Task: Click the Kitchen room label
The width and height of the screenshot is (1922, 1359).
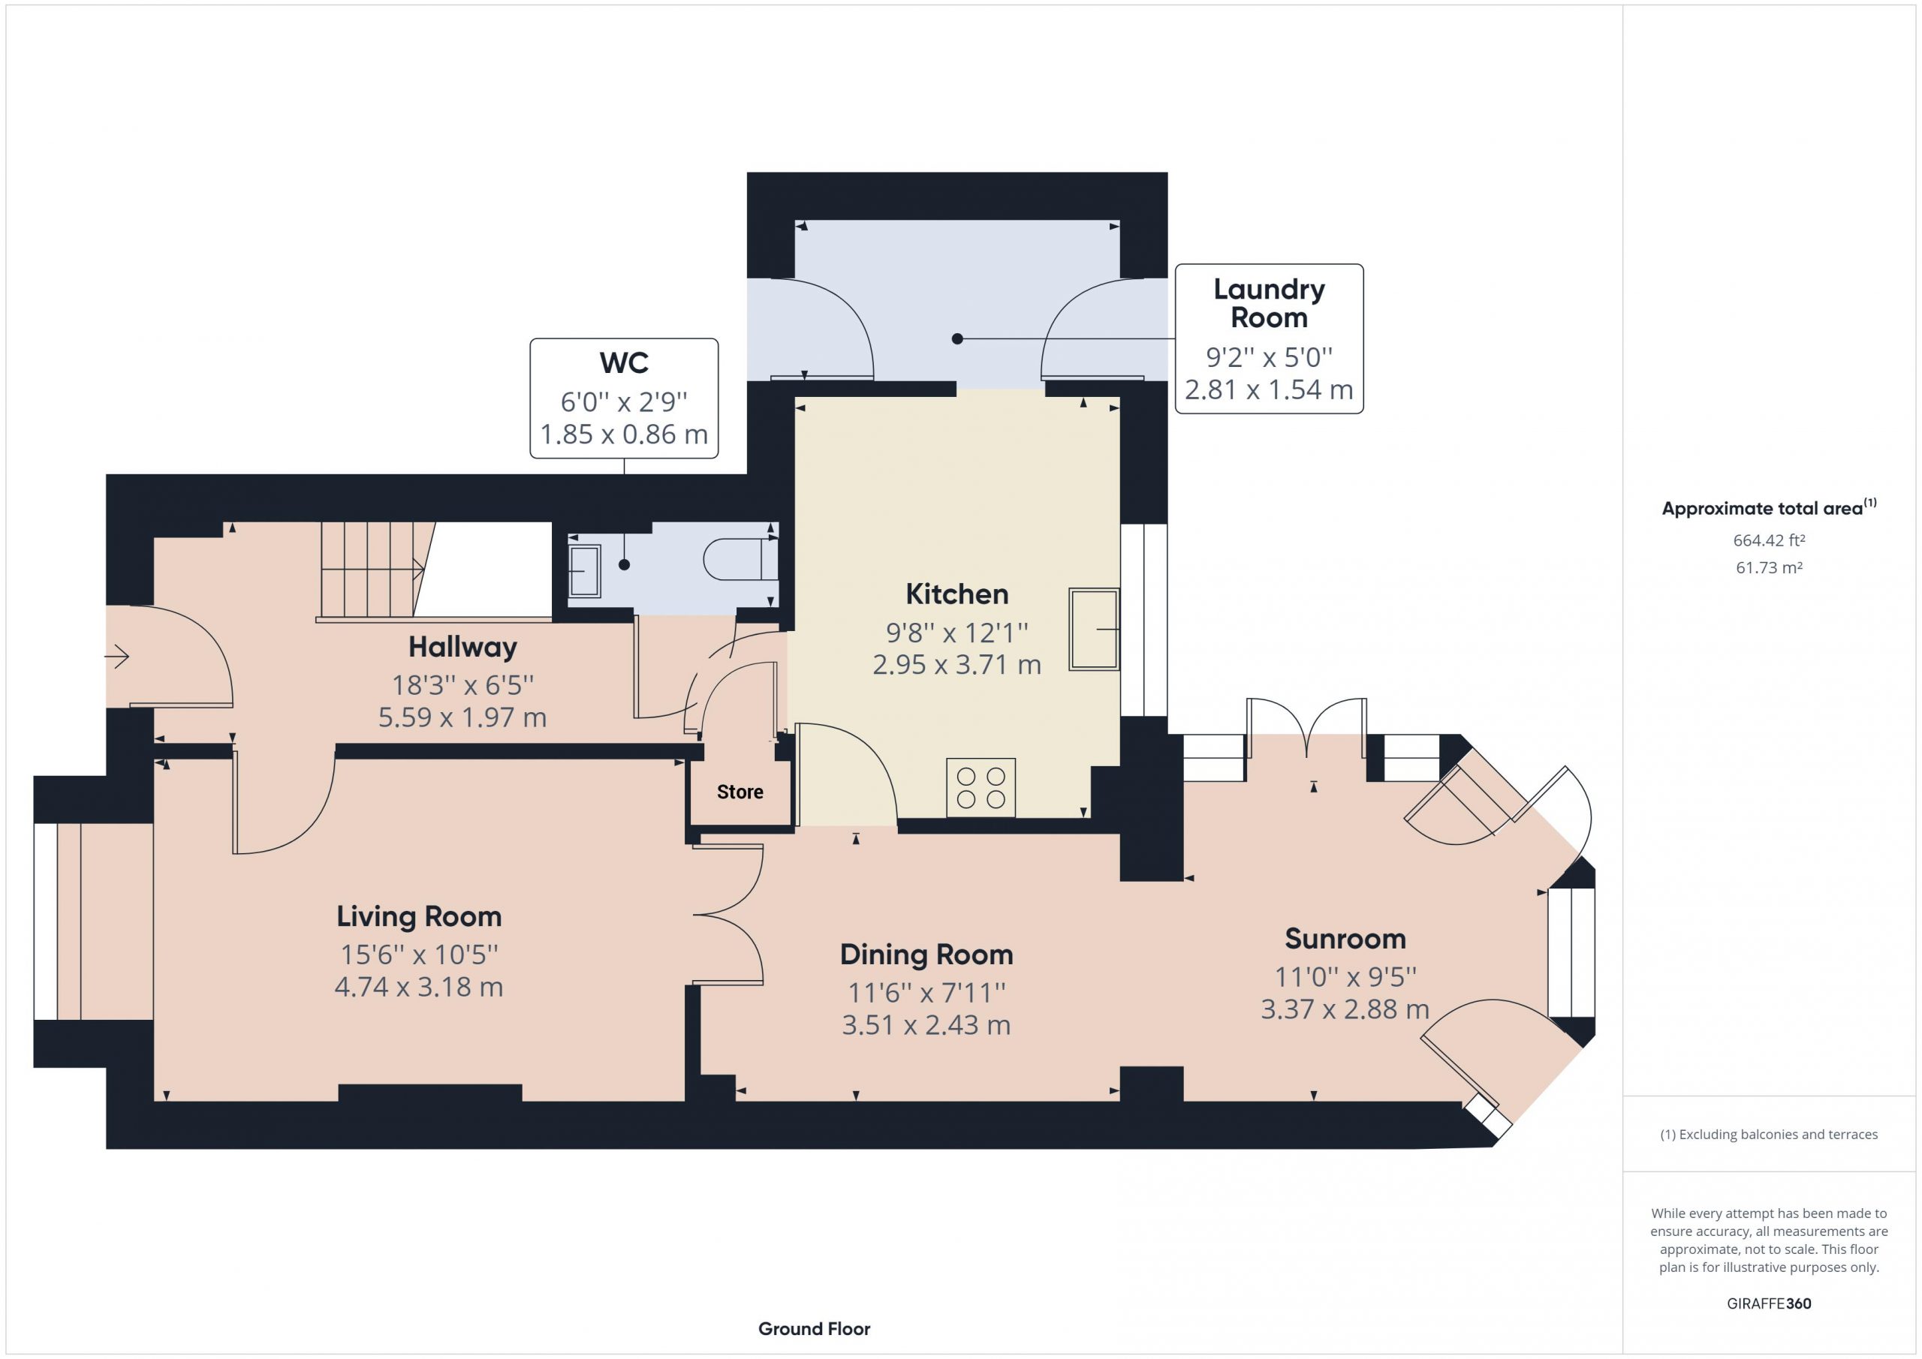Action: click(956, 594)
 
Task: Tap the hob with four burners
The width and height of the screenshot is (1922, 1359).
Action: click(981, 787)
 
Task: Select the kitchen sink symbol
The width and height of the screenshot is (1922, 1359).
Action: click(1094, 630)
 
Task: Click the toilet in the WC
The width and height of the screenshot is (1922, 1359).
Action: click(741, 559)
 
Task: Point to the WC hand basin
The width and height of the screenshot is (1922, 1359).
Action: click(584, 571)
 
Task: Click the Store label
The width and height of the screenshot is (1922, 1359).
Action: click(740, 792)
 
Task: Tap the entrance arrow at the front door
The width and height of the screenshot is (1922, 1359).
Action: click(116, 657)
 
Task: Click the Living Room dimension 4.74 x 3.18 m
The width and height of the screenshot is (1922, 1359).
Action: click(418, 988)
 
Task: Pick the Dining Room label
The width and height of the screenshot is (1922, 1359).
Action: click(926, 955)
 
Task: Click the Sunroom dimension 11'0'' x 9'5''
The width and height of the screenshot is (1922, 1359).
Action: click(1345, 976)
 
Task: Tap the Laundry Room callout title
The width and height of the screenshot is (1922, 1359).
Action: click(1269, 303)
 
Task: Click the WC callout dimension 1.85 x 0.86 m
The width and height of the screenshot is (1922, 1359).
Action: click(624, 434)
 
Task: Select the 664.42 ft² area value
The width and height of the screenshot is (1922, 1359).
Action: click(1769, 540)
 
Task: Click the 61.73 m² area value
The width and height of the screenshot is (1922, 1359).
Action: click(1769, 567)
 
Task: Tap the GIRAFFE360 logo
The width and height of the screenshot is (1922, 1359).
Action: click(1769, 1303)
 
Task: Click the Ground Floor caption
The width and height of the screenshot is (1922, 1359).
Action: click(814, 1329)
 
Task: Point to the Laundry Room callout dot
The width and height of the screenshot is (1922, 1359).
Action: click(958, 339)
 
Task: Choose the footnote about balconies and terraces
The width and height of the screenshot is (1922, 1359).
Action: click(1769, 1135)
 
